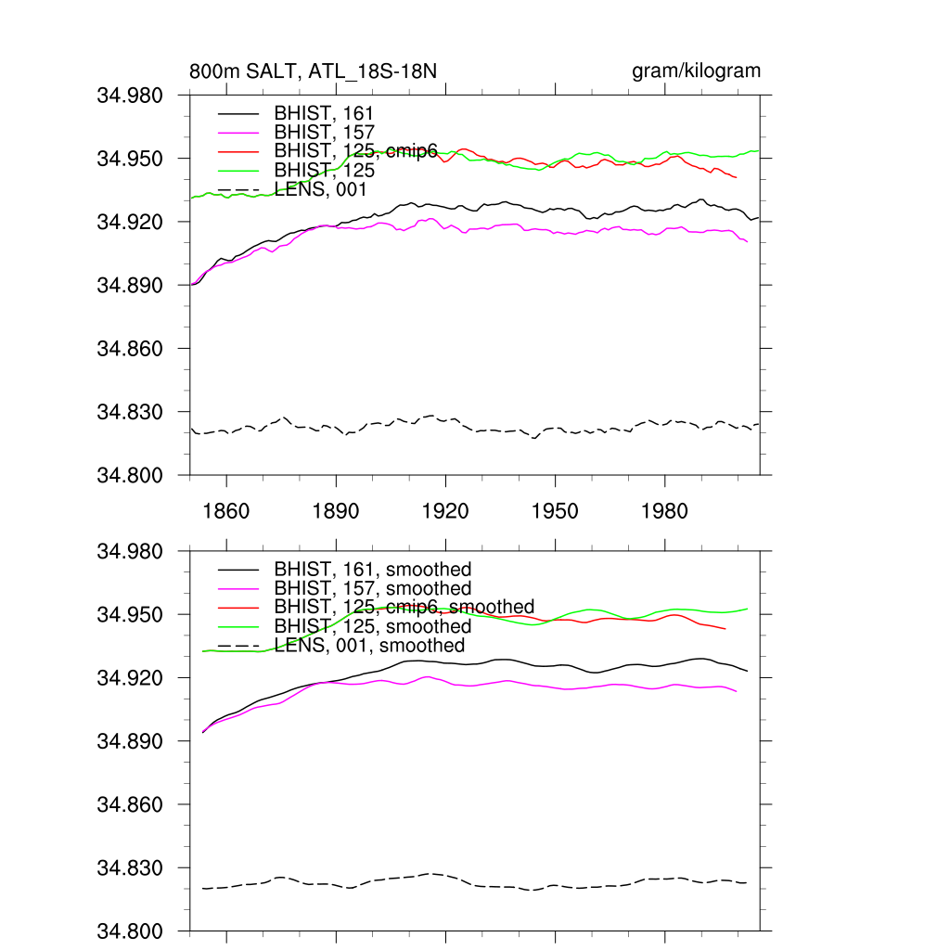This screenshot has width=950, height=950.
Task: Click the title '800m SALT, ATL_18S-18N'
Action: click(x=313, y=71)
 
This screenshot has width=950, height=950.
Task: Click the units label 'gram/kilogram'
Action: click(x=696, y=71)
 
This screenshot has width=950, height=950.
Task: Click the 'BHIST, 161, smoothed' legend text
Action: click(x=373, y=569)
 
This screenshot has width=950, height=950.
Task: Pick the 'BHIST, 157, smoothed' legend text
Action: click(x=373, y=588)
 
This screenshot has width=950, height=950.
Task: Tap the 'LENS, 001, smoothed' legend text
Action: click(x=369, y=646)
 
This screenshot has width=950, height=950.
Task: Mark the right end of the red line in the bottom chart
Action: click(x=725, y=629)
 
